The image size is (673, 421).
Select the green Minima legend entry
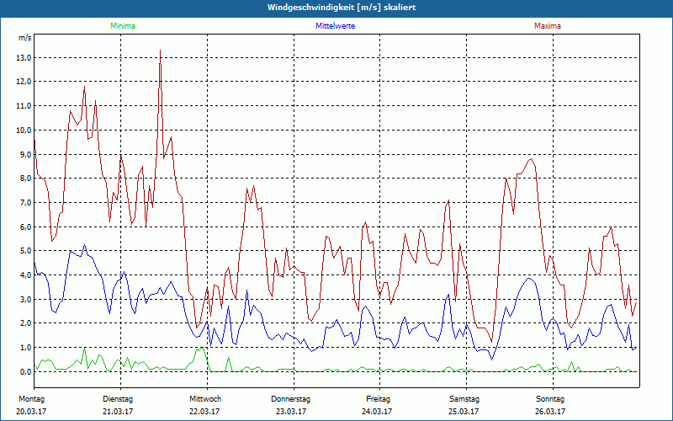pyautogui.click(x=122, y=26)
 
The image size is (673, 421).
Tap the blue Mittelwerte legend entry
pyautogui.click(x=335, y=26)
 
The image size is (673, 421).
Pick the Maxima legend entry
pyautogui.click(x=547, y=26)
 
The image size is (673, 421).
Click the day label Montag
pyautogui.click(x=31, y=398)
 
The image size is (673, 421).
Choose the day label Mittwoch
pyautogui.click(x=204, y=398)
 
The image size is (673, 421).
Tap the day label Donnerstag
pyautogui.click(x=291, y=398)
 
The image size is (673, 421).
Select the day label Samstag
pyautogui.click(x=464, y=398)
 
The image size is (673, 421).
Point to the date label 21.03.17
pyautogui.click(x=119, y=411)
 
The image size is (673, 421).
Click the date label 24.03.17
pyautogui.click(x=378, y=411)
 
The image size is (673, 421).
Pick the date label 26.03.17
pyautogui.click(x=551, y=411)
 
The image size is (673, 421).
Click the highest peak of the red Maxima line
pyautogui.click(x=160, y=51)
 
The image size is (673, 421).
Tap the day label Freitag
pyautogui.click(x=379, y=398)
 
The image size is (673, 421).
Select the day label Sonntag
pyautogui.click(x=551, y=398)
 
